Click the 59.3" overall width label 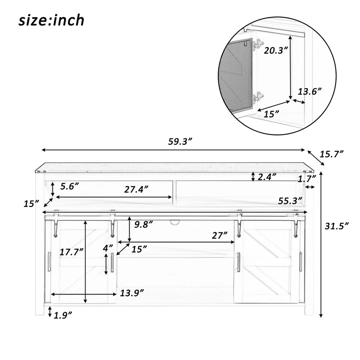[x=180, y=141]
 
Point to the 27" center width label [x=219, y=235]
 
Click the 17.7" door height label [x=71, y=252]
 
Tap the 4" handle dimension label [x=108, y=248]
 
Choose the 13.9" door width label [x=132, y=293]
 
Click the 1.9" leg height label [x=63, y=315]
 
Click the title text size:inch [x=51, y=21]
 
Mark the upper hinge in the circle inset [x=258, y=45]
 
